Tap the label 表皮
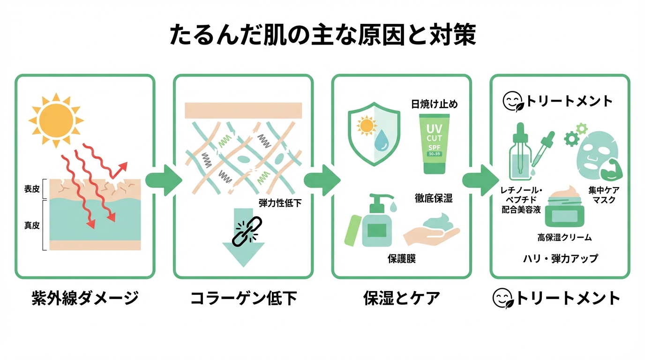pyautogui.click(x=32, y=189)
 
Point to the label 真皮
pyautogui.click(x=32, y=225)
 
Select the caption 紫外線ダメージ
pyautogui.click(x=85, y=298)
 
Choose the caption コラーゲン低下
pyautogui.click(x=243, y=298)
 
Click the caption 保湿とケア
pyautogui.click(x=401, y=298)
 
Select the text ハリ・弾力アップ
pyautogui.click(x=560, y=258)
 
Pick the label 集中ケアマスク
pyautogui.click(x=604, y=195)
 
